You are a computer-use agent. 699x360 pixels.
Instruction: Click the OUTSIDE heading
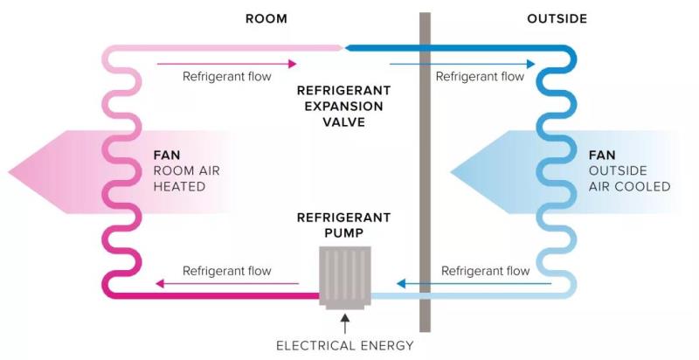(x=557, y=18)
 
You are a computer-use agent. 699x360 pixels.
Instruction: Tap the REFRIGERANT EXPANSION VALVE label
(x=343, y=107)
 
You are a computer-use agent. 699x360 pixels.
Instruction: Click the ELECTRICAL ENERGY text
(x=344, y=345)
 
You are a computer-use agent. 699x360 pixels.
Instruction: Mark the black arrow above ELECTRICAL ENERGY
(x=345, y=323)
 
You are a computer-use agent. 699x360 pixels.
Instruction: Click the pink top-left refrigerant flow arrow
(x=226, y=63)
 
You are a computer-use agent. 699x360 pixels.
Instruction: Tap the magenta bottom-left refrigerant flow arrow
(x=226, y=283)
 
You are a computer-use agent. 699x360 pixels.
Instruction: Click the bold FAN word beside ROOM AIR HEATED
(x=166, y=156)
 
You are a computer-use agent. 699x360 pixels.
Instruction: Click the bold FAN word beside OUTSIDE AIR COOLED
(x=602, y=156)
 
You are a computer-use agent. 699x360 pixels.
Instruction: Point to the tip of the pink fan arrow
(x=7, y=171)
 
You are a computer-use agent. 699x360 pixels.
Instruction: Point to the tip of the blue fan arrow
(x=451, y=171)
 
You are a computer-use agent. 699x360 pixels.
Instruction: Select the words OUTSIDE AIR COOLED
(x=629, y=179)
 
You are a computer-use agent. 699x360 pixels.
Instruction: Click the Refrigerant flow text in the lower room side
(x=227, y=271)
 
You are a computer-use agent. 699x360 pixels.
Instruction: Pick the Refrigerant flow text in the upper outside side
(x=480, y=76)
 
